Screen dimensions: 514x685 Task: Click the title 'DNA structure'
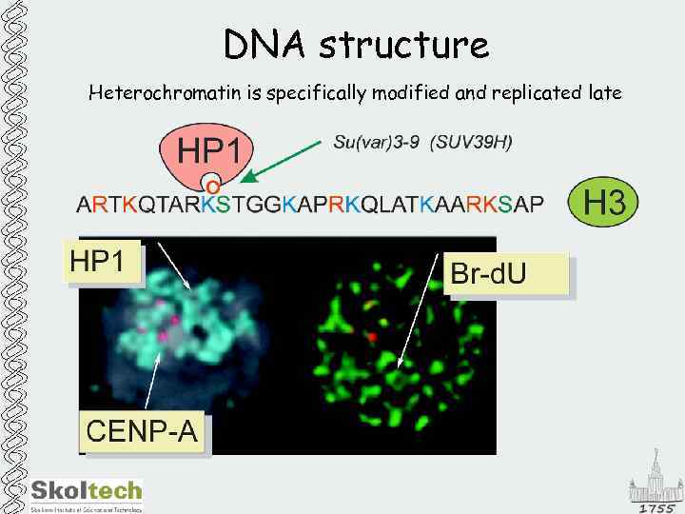click(356, 45)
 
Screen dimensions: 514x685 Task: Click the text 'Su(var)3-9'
click(375, 143)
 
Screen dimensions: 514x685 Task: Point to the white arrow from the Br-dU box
click(422, 314)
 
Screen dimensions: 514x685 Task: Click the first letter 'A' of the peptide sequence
click(84, 204)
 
